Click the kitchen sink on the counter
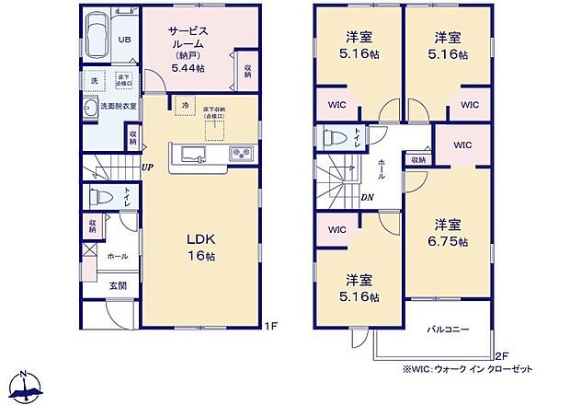click(x=192, y=153)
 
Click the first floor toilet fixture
click(x=95, y=197)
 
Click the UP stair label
click(x=147, y=168)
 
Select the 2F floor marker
click(x=502, y=355)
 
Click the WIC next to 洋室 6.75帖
click(x=462, y=145)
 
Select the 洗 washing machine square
click(x=93, y=81)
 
